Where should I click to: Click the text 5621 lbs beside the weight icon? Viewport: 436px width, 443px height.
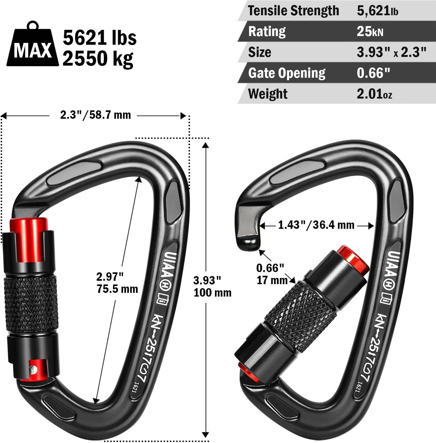(x=99, y=38)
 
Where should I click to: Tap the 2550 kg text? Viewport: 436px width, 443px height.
(x=98, y=58)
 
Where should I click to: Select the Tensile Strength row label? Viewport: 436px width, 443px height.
(x=293, y=11)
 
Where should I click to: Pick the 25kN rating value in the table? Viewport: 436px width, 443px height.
(x=370, y=31)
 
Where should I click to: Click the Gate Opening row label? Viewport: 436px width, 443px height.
(x=287, y=73)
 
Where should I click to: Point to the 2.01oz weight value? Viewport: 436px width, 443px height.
(x=374, y=94)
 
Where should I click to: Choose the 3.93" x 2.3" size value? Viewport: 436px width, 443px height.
(x=391, y=52)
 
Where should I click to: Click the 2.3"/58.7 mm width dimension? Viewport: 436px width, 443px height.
(x=95, y=115)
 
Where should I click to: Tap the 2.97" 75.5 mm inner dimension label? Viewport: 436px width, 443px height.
(x=116, y=282)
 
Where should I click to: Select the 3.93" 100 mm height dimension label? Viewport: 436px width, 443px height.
(x=212, y=286)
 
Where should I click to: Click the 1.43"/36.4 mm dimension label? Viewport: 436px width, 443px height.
(x=316, y=225)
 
